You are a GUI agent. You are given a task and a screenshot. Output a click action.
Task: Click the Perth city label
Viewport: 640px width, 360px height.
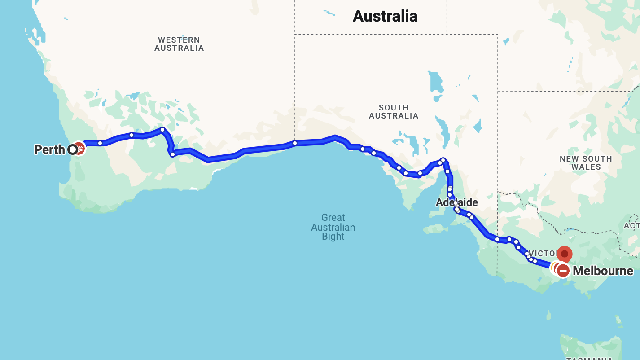pos(49,149)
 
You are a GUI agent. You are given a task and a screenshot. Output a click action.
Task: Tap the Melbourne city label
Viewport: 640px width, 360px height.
pos(603,271)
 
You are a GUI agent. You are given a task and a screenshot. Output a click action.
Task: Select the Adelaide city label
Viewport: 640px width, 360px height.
pos(457,202)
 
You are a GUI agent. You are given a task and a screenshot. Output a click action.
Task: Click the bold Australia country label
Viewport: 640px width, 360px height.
pos(385,16)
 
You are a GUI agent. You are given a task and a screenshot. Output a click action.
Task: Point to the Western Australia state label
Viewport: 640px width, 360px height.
pos(179,44)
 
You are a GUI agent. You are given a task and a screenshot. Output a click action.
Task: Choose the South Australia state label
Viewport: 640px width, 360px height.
pos(394,112)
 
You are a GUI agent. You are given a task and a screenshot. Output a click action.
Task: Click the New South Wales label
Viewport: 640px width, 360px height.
pos(586,162)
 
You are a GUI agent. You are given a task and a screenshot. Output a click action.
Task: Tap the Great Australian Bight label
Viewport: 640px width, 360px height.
pos(333,227)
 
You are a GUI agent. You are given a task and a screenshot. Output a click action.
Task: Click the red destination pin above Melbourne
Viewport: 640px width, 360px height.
pos(565,254)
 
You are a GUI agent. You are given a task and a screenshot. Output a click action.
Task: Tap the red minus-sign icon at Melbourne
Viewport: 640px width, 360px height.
pos(563,271)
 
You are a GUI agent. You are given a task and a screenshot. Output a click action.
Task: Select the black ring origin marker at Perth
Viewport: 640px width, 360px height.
pos(72,149)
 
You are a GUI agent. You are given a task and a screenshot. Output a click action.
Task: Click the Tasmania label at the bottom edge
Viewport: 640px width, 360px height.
pos(589,358)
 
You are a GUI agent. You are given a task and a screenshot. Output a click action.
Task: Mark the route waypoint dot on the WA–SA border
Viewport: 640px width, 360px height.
pos(295,143)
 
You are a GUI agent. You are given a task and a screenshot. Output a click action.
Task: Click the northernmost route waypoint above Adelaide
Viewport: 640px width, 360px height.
pos(443,160)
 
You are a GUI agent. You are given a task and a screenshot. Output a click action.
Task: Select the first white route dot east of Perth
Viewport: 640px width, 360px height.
pos(100,143)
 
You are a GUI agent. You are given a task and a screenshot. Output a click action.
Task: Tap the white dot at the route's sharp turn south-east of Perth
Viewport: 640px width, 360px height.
pos(172,154)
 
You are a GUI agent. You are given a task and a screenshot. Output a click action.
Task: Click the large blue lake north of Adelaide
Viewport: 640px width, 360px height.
pos(435,81)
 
